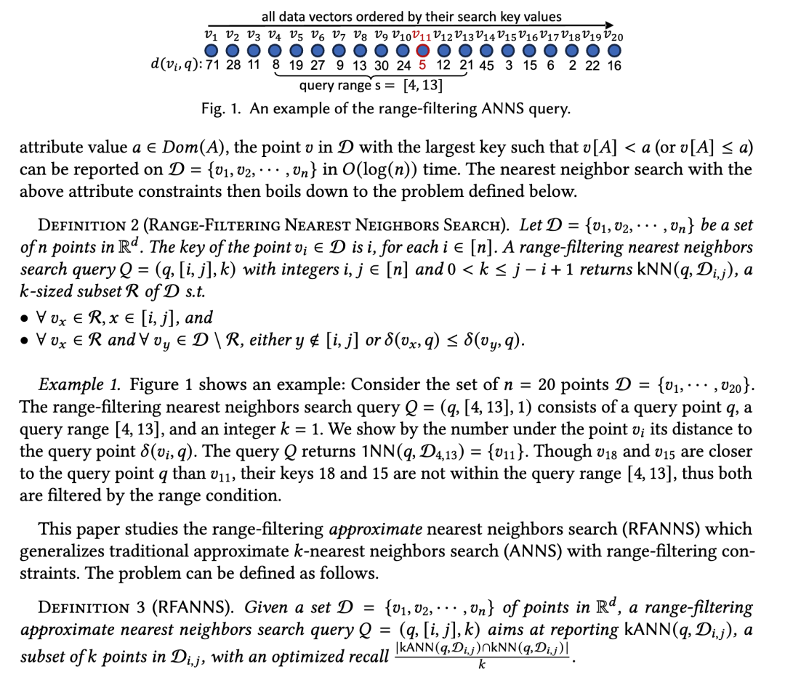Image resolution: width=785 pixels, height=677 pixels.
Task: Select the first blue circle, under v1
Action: click(x=211, y=51)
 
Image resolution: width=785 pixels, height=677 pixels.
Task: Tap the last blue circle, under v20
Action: click(x=615, y=51)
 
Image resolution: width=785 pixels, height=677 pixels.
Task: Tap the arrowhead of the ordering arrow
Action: click(x=609, y=24)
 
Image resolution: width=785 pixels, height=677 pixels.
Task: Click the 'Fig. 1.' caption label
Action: click(x=222, y=108)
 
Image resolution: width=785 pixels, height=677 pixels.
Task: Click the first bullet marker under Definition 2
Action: click(x=27, y=318)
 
